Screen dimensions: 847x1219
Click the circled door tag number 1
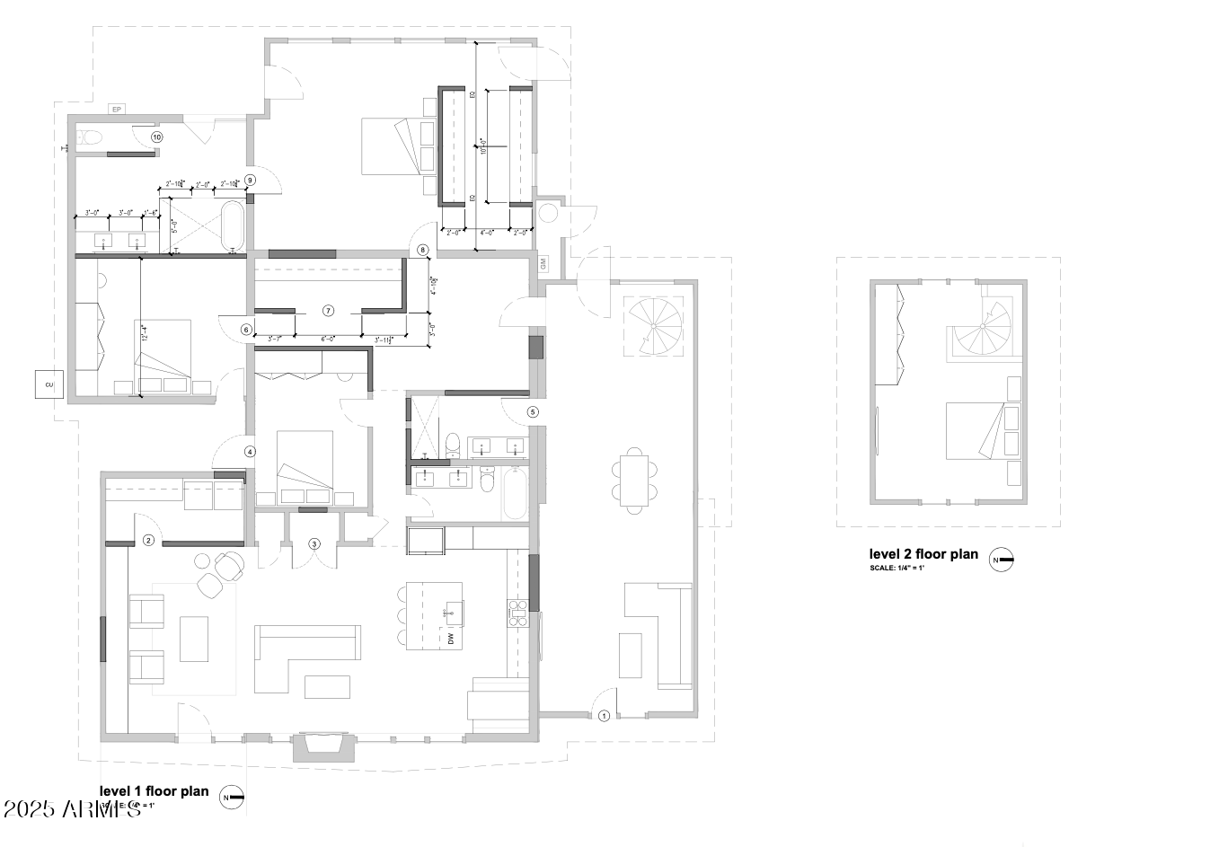tap(604, 716)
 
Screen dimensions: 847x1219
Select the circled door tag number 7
tap(328, 311)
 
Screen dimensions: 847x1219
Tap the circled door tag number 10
tap(156, 137)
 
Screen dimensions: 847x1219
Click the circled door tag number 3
tap(314, 543)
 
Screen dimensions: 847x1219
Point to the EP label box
tap(116, 110)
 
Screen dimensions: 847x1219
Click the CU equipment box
tap(49, 384)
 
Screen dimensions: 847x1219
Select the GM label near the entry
tap(543, 264)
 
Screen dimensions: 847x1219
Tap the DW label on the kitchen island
tap(451, 639)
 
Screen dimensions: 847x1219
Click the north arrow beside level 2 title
tap(1002, 560)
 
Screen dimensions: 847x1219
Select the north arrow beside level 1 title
tap(233, 798)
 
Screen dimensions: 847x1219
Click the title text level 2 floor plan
tap(923, 554)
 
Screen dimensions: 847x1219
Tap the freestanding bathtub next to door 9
tap(233, 226)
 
